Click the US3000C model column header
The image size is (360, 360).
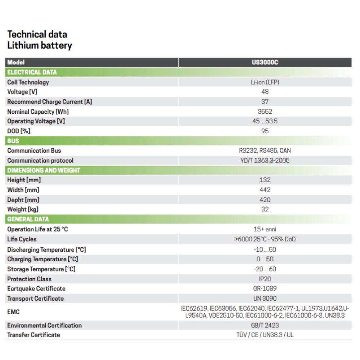[x=265, y=62]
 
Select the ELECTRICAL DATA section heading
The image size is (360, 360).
[x=32, y=72]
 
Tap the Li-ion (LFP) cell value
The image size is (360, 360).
[x=265, y=82]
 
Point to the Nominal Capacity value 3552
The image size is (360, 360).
[x=265, y=112]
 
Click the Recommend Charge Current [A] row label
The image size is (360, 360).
[x=50, y=102]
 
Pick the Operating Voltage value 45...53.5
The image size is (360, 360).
[x=265, y=121]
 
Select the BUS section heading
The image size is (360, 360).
[x=13, y=141]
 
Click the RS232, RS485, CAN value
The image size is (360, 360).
[x=265, y=151]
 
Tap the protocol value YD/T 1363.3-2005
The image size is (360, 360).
[x=265, y=161]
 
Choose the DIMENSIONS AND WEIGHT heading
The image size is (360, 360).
[x=44, y=170]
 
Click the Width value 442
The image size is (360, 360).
[x=265, y=190]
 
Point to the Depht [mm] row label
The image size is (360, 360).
[x=23, y=200]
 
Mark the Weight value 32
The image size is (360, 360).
[x=265, y=209]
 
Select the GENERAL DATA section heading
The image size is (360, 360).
[x=28, y=219]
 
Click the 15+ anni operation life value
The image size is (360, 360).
[x=265, y=229]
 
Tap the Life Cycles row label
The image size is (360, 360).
[x=22, y=239]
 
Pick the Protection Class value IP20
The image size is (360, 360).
[x=265, y=279]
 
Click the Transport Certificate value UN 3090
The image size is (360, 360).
[x=265, y=298]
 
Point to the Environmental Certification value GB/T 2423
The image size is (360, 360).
[x=265, y=325]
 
